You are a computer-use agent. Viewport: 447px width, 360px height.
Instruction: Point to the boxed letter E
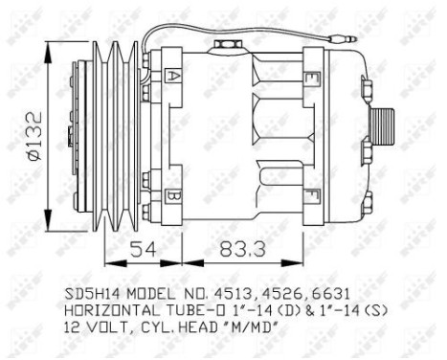coord(312,77)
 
